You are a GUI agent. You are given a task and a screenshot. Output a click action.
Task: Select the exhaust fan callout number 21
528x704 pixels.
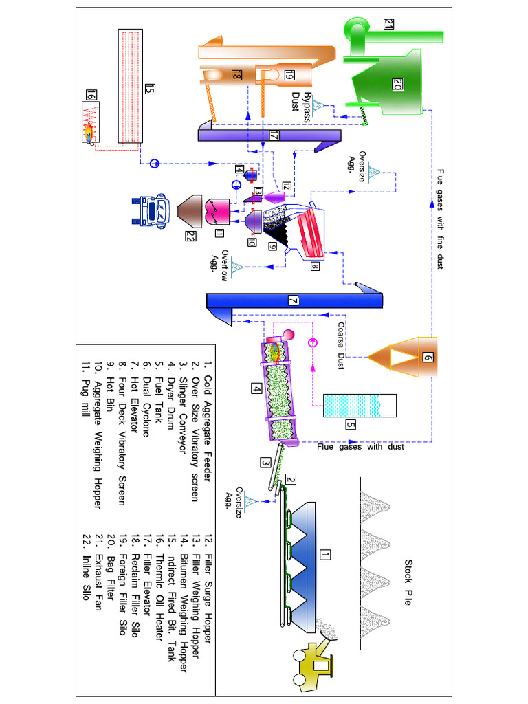click(389, 25)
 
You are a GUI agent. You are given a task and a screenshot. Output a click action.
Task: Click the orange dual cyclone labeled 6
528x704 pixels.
click(426, 357)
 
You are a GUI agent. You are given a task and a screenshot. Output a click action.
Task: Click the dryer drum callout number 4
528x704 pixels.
click(256, 388)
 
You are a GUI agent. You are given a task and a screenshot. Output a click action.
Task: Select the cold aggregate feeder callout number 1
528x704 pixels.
click(326, 554)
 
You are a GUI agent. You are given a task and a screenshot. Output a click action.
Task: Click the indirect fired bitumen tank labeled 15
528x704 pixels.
click(131, 86)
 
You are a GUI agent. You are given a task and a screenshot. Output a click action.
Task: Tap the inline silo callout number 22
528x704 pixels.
click(190, 237)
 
